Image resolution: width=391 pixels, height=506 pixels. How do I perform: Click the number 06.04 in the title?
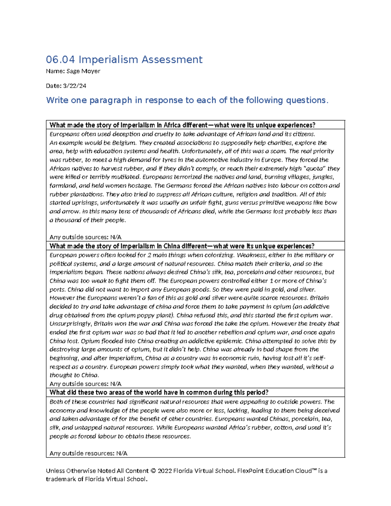(x=60, y=60)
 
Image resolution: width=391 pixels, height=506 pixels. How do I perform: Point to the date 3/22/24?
(x=75, y=86)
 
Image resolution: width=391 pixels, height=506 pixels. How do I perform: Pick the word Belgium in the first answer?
(x=124, y=143)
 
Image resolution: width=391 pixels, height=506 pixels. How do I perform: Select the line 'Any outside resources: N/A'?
(x=88, y=453)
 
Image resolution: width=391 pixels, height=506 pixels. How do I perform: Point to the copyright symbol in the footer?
(x=154, y=471)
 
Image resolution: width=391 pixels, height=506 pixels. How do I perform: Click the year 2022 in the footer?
(x=165, y=471)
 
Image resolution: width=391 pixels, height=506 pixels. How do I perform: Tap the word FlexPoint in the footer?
(x=251, y=471)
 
